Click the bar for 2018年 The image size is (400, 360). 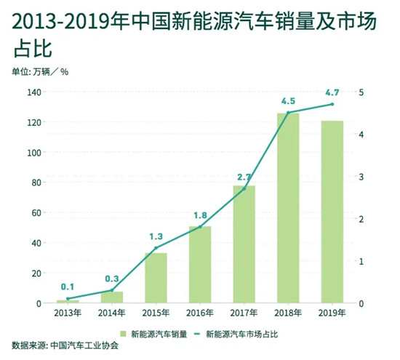point(287,208)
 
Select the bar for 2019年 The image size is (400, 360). point(332,212)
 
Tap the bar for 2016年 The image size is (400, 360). point(199,265)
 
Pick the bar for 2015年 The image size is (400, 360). point(156,278)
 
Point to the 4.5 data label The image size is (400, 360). point(288,100)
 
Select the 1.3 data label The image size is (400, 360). point(156,236)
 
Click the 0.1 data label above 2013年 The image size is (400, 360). point(68,287)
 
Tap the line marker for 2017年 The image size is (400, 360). point(244,188)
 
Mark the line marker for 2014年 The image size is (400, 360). point(111,290)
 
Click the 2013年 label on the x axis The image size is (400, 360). point(68,313)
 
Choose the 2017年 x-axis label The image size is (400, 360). point(244,313)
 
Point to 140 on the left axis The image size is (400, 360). point(33,92)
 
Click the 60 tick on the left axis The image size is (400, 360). point(36,213)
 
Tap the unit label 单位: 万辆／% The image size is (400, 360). point(40,71)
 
